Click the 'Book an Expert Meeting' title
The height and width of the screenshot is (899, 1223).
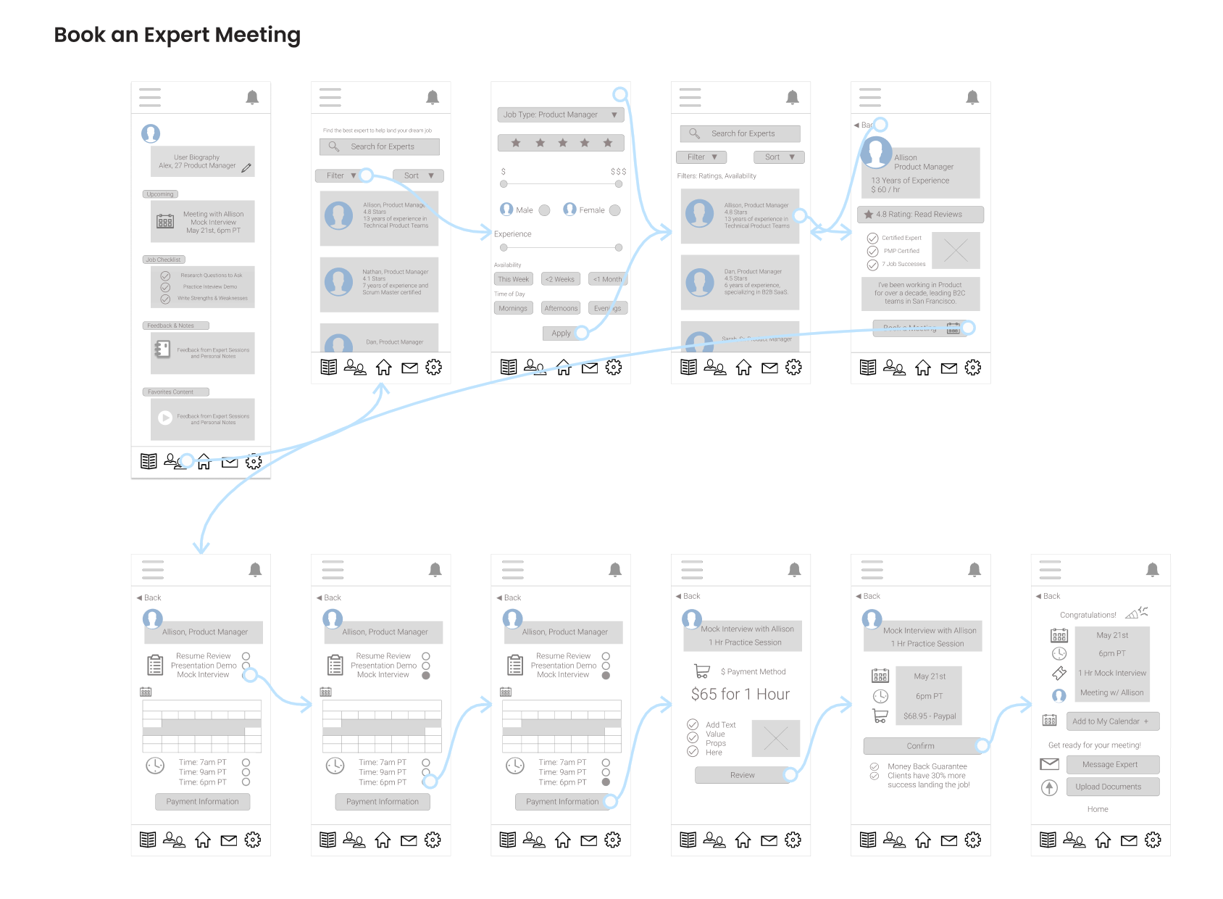pyautogui.click(x=177, y=35)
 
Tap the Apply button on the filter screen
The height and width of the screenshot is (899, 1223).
pyautogui.click(x=562, y=333)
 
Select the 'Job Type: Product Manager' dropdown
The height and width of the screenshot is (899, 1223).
pyautogui.click(x=560, y=115)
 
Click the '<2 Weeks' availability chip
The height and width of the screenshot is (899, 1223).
pyautogui.click(x=560, y=279)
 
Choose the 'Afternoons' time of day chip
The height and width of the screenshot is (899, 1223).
pyautogui.click(x=561, y=308)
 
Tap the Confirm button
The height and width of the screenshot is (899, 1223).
pyautogui.click(x=920, y=746)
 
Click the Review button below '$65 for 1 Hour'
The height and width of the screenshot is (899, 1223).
pyautogui.click(x=742, y=775)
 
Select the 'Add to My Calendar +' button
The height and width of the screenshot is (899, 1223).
pyautogui.click(x=1112, y=721)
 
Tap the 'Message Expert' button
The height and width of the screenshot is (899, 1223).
pyautogui.click(x=1112, y=764)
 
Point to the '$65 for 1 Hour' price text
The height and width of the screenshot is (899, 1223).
pyautogui.click(x=740, y=695)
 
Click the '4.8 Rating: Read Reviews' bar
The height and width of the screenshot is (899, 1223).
pyautogui.click(x=920, y=215)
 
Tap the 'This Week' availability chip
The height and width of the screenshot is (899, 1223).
pyautogui.click(x=514, y=279)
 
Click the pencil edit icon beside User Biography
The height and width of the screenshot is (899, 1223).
pyautogui.click(x=246, y=168)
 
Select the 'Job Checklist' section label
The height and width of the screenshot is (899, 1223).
pyautogui.click(x=164, y=260)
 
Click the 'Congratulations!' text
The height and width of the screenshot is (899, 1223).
pyautogui.click(x=1088, y=615)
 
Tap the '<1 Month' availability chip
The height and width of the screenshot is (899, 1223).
pyautogui.click(x=607, y=279)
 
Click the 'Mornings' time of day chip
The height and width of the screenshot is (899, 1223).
pyautogui.click(x=513, y=308)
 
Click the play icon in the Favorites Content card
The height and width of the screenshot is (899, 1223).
pyautogui.click(x=165, y=418)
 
